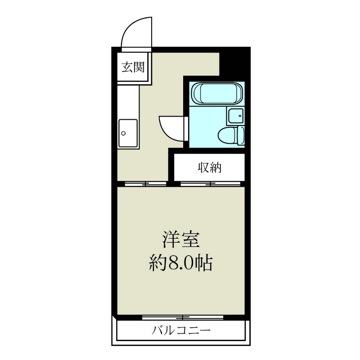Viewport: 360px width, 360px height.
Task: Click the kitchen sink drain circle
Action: (x=123, y=133)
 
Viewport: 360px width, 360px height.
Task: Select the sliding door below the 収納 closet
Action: (x=211, y=184)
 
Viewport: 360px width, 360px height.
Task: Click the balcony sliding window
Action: (x=183, y=317)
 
